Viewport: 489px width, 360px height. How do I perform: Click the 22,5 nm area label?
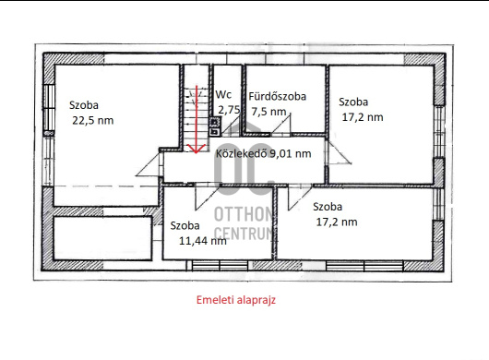[x=93, y=120]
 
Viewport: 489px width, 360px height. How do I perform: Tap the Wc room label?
[x=223, y=94]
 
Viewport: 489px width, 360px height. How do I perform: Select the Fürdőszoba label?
[x=277, y=96]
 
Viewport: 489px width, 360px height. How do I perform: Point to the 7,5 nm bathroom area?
[x=268, y=112]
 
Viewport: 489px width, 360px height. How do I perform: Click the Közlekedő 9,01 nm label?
[x=264, y=153]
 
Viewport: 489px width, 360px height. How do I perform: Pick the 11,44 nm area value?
[x=203, y=241]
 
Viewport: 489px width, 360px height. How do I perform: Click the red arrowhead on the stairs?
[x=196, y=149]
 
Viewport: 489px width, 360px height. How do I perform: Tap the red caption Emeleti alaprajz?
[x=236, y=300]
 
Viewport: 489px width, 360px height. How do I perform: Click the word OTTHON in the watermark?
[x=244, y=214]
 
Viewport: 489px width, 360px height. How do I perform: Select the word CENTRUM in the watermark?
[x=244, y=234]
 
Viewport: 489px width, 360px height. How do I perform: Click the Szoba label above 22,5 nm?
[x=84, y=105]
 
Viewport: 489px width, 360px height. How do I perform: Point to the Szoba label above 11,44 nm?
[x=185, y=225]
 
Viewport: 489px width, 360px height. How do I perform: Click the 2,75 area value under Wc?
[x=229, y=110]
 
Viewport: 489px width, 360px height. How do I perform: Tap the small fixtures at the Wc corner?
[x=215, y=126]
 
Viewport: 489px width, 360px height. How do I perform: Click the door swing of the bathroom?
[x=281, y=126]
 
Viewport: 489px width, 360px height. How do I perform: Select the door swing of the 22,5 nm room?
[x=149, y=164]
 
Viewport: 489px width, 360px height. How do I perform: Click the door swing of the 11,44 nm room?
[x=207, y=198]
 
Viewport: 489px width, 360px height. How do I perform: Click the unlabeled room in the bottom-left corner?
[x=102, y=238]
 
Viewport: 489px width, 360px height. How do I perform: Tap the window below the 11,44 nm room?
[x=220, y=266]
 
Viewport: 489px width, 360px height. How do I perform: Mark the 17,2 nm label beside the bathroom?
[x=363, y=117]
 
